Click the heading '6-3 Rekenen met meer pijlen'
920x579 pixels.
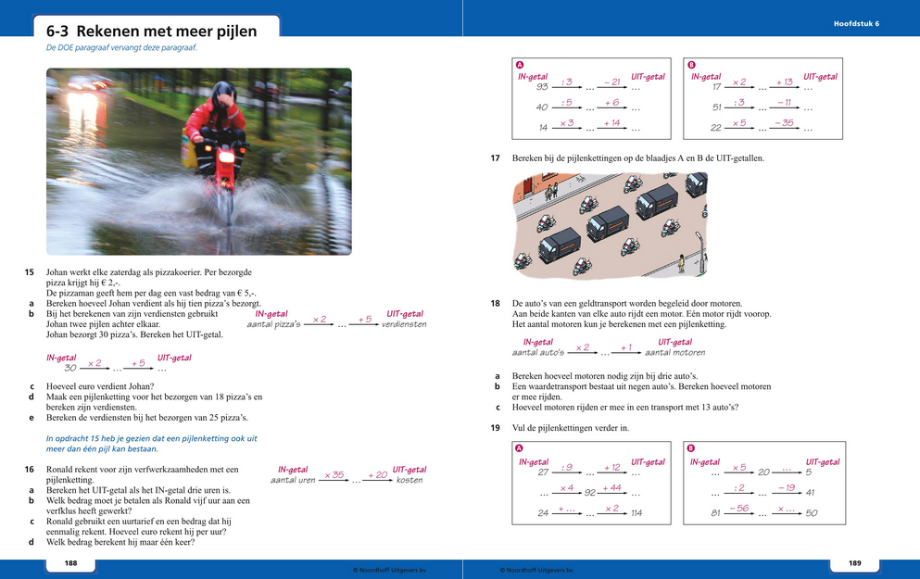tap(151, 31)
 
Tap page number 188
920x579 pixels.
tap(70, 563)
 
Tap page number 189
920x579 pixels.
tap(854, 563)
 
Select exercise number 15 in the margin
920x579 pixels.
tap(29, 272)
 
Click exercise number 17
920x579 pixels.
tap(496, 158)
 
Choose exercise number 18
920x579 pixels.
tap(496, 304)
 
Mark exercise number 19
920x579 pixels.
tap(496, 428)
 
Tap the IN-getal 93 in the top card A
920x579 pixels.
tap(542, 87)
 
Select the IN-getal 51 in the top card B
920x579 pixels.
tap(716, 107)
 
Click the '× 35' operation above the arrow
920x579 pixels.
tap(334, 474)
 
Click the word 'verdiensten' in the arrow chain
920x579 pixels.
tap(404, 325)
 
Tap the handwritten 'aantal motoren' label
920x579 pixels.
tap(674, 353)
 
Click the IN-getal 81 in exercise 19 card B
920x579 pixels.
tap(716, 513)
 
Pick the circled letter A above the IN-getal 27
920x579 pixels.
tap(519, 447)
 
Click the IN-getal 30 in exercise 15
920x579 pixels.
tap(69, 369)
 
